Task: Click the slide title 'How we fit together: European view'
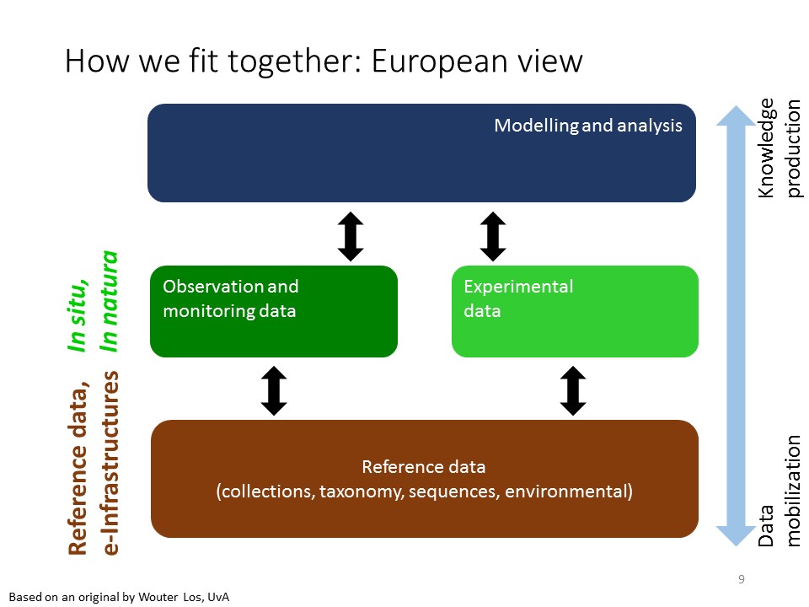click(x=324, y=62)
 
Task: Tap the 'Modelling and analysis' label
click(x=587, y=126)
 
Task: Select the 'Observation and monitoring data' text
click(x=230, y=298)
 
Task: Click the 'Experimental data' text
click(x=518, y=298)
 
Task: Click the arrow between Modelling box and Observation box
click(x=351, y=235)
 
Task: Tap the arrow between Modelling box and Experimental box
click(x=492, y=235)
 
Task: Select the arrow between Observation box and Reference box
click(x=275, y=390)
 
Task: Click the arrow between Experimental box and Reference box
click(x=573, y=390)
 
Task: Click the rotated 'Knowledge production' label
click(x=780, y=148)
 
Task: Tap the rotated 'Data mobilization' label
click(x=780, y=492)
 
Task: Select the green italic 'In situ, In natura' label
click(x=93, y=301)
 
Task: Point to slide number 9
click(x=741, y=579)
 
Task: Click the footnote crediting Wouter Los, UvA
click(x=120, y=597)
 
